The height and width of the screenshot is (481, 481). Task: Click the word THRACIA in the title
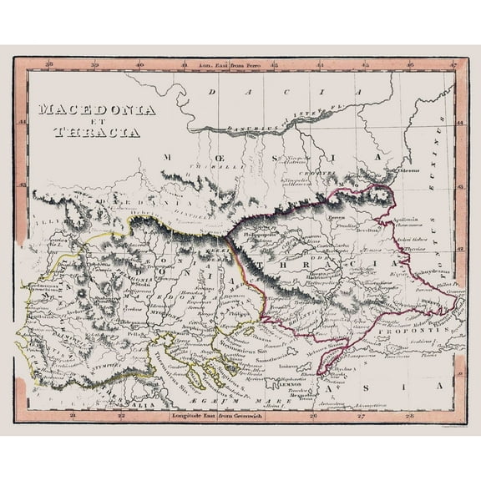click(x=98, y=131)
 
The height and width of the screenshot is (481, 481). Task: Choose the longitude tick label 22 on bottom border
click(x=122, y=414)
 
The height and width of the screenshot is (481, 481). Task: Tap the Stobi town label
click(x=144, y=282)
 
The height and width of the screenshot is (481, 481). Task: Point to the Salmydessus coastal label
click(x=423, y=272)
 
